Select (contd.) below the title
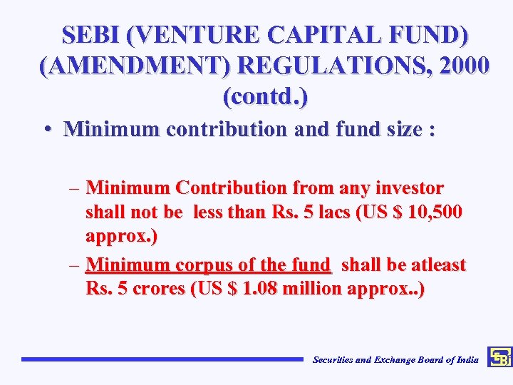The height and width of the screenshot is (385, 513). [265, 96]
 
